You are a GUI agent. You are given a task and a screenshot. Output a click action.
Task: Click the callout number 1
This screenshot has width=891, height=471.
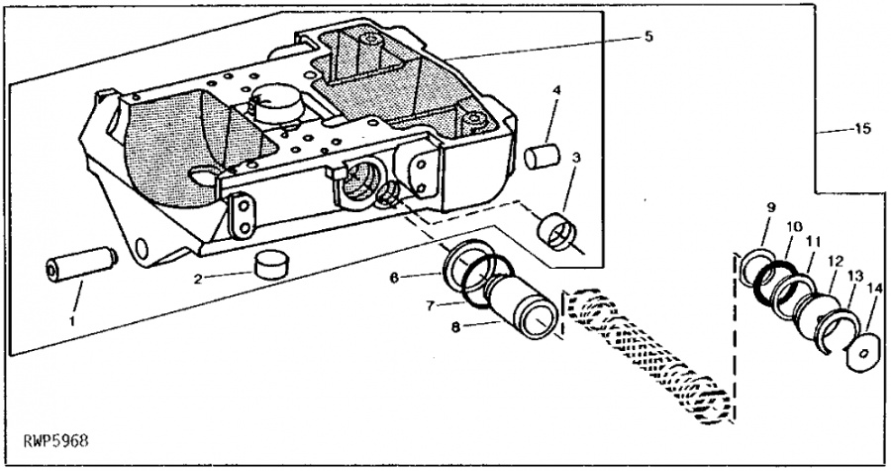click(x=72, y=321)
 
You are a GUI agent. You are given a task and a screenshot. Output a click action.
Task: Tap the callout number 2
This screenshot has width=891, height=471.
click(x=197, y=279)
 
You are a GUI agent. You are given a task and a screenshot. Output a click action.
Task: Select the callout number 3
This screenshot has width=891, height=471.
click(x=576, y=157)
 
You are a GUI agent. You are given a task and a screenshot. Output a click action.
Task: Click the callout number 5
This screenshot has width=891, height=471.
click(x=648, y=37)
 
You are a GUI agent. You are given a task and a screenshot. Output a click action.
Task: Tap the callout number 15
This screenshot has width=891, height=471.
click(x=862, y=129)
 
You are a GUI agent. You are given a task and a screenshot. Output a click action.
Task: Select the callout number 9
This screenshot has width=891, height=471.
click(x=771, y=207)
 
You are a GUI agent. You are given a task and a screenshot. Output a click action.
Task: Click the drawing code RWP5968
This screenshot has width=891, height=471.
click(x=56, y=441)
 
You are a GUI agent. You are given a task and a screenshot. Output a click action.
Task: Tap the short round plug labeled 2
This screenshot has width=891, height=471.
click(x=269, y=263)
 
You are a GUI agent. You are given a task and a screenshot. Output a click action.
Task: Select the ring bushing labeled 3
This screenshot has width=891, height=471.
click(x=556, y=232)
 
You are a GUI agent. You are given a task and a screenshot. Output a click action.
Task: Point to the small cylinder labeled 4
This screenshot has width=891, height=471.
click(x=542, y=157)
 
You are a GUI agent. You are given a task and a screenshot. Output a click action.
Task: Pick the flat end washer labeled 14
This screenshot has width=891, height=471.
click(x=862, y=354)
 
